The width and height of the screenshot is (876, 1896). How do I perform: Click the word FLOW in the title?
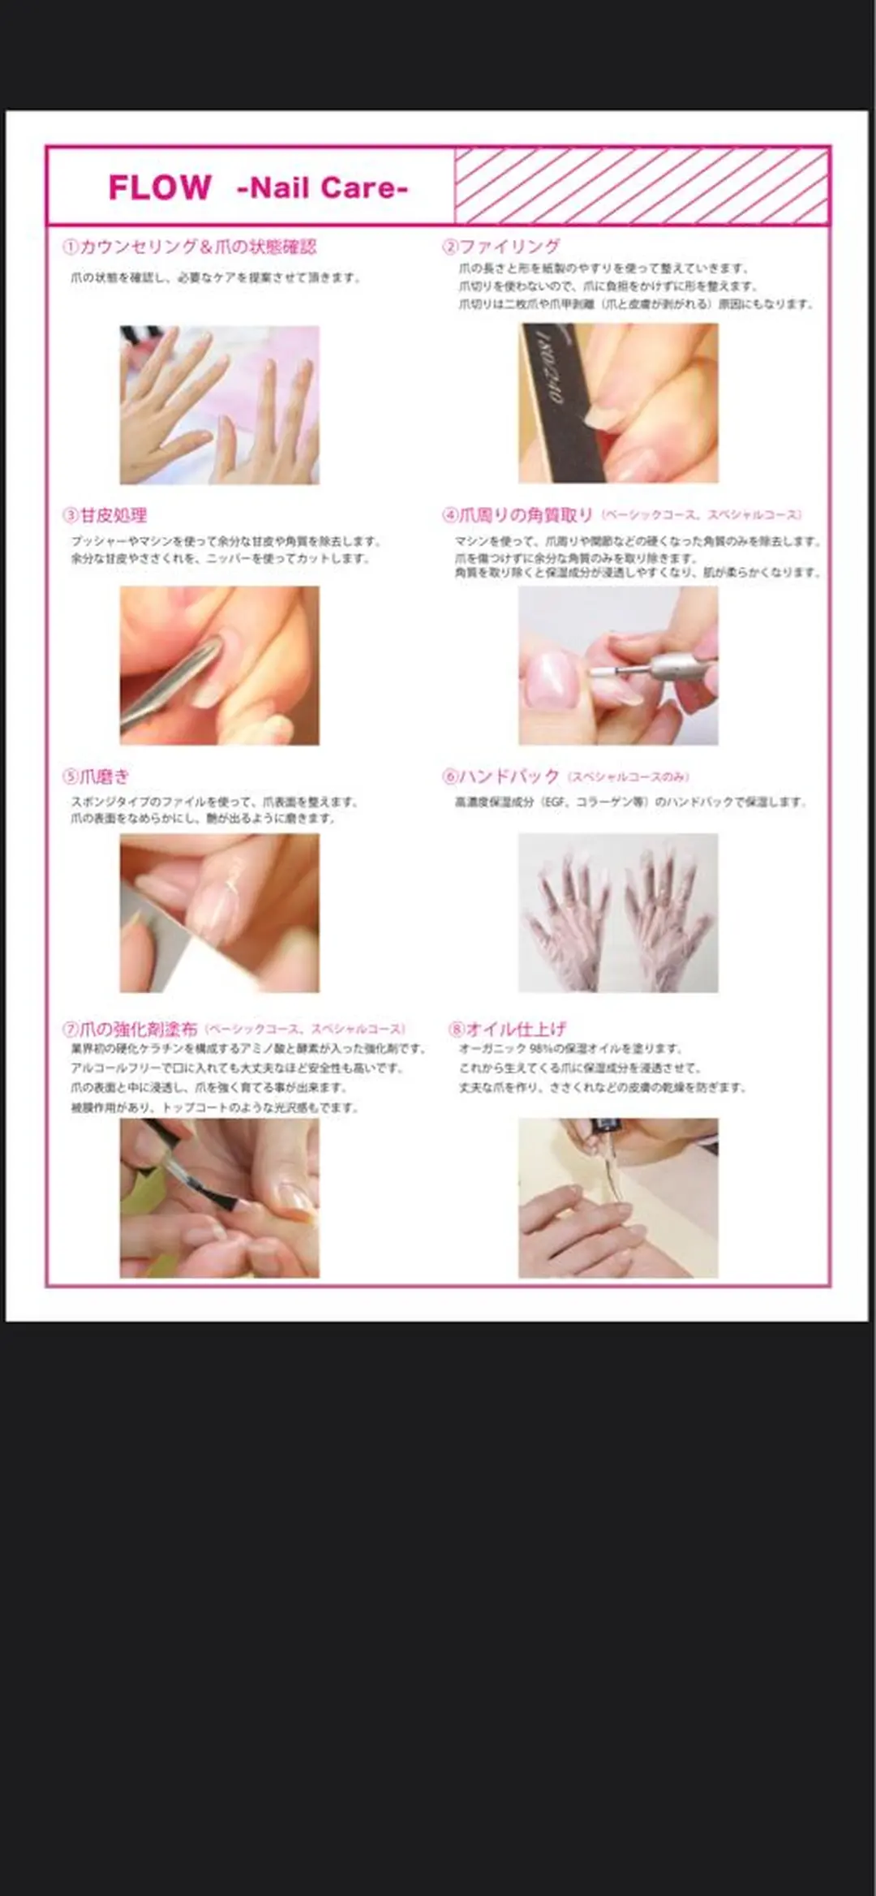click(x=160, y=188)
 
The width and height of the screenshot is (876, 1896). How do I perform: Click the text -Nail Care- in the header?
click(x=322, y=188)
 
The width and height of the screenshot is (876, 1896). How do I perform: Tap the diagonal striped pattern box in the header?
click(x=641, y=187)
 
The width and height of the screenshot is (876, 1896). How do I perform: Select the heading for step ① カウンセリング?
click(x=190, y=247)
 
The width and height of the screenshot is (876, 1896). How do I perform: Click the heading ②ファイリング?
click(x=501, y=247)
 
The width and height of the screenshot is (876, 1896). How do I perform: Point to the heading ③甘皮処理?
click(x=105, y=515)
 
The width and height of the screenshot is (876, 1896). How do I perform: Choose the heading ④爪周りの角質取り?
click(x=518, y=515)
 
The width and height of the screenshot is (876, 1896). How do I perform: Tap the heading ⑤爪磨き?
click(x=97, y=776)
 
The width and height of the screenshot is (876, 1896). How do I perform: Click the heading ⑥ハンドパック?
click(x=501, y=776)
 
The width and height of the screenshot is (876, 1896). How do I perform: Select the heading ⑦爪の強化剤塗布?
click(x=131, y=1029)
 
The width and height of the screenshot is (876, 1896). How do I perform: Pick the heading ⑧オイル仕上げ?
click(x=508, y=1029)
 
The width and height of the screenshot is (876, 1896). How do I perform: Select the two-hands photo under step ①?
click(x=219, y=405)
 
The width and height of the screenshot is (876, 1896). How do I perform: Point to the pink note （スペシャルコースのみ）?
click(x=628, y=777)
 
